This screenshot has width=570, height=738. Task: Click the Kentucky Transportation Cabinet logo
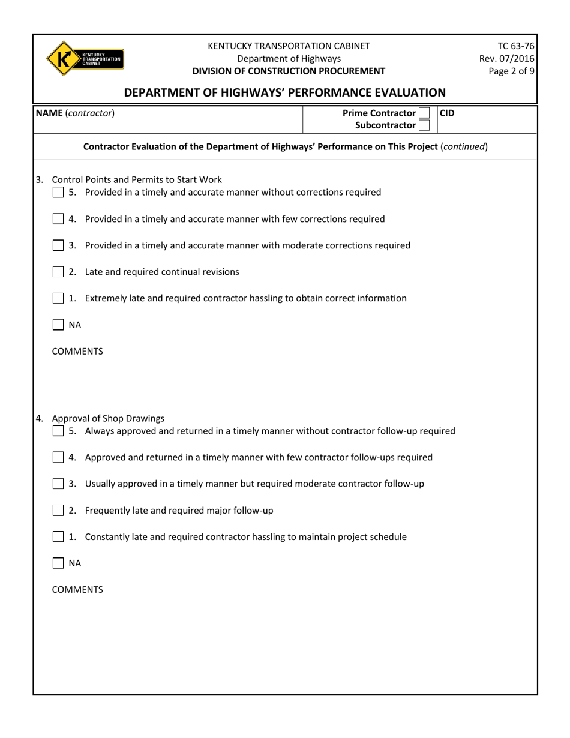[x=85, y=58]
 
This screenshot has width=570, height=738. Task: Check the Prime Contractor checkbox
[x=424, y=113]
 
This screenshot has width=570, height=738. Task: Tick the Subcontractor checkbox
[x=424, y=125]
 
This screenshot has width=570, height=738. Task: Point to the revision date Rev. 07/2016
[x=506, y=58]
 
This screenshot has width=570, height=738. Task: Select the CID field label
[x=448, y=113]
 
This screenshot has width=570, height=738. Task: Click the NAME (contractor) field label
[x=75, y=113]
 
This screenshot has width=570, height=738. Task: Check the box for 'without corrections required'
[x=58, y=193]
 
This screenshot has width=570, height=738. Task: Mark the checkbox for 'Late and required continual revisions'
[x=58, y=272]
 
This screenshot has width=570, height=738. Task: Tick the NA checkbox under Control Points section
[x=58, y=325]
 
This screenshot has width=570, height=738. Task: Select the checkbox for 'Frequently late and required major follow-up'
[x=58, y=511]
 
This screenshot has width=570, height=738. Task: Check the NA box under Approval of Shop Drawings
[x=58, y=563]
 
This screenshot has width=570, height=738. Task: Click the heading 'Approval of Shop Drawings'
[x=108, y=418]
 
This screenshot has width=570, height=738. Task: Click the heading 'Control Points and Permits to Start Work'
[x=137, y=179]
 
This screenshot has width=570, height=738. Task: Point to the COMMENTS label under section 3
[x=77, y=352]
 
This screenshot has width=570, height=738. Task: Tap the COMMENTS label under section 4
[x=77, y=590]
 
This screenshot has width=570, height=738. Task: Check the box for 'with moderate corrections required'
[x=58, y=245]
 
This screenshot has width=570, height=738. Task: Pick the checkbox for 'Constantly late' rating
[x=58, y=537]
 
